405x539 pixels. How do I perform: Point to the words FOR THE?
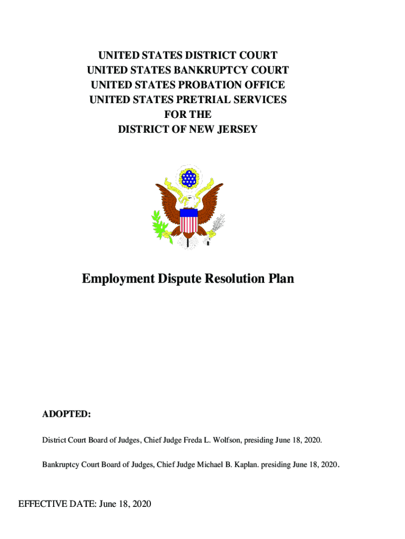[188, 114]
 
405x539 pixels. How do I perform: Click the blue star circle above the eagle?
[188, 178]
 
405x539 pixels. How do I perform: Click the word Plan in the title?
[282, 279]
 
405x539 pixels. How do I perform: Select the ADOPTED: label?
[67, 415]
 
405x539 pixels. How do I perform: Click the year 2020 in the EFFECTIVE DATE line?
[140, 505]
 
